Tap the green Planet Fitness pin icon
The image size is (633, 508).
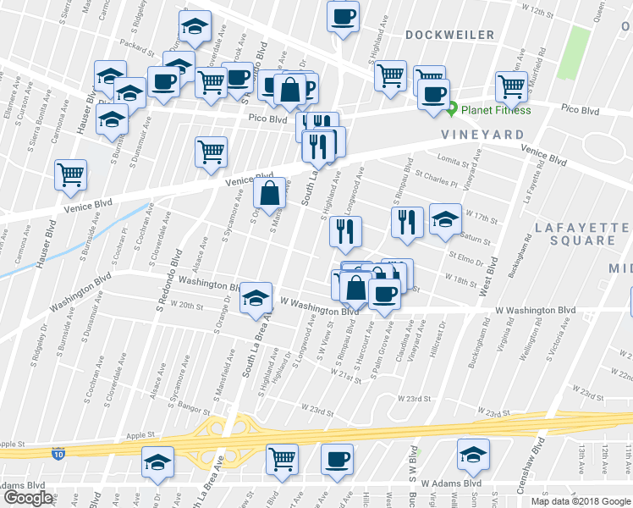(452, 109)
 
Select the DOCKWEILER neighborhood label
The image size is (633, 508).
(449, 35)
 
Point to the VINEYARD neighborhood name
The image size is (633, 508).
(482, 135)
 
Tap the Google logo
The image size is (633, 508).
(28, 498)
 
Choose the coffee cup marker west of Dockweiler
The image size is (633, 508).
(344, 17)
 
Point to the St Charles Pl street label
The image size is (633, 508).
(437, 179)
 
